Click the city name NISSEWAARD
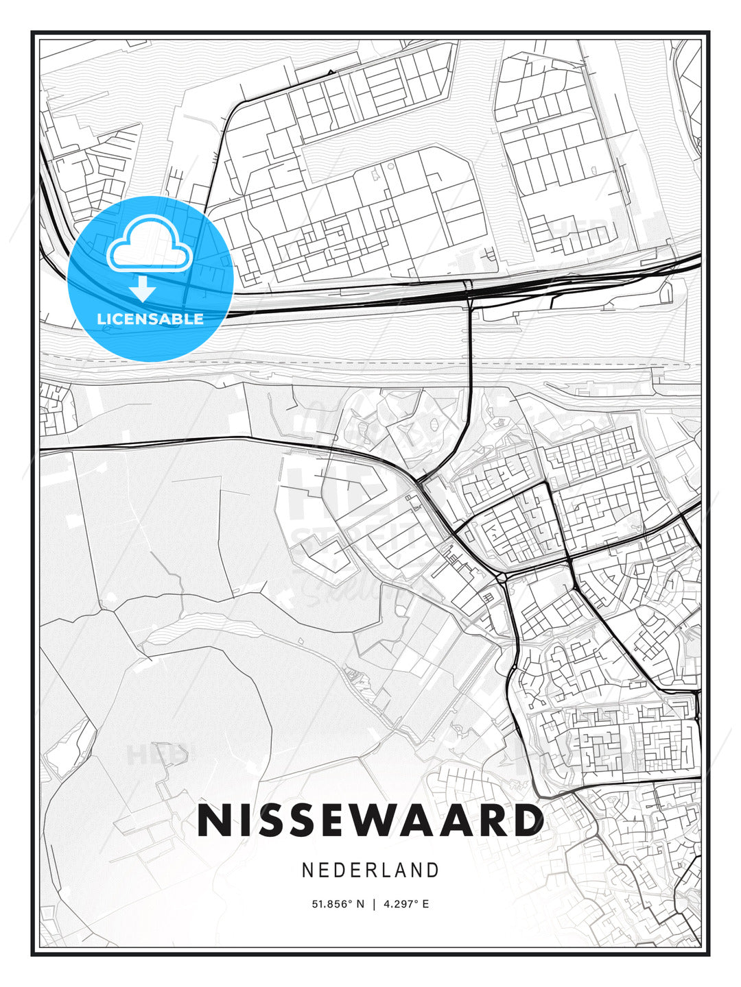370,820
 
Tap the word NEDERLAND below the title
370,870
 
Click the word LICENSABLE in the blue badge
150,319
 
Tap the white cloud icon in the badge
149,243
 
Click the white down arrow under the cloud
143,288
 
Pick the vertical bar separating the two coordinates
374,904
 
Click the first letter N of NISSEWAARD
213,820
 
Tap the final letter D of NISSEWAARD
526,820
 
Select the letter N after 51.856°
361,904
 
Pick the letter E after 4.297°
425,904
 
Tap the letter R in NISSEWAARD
492,820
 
